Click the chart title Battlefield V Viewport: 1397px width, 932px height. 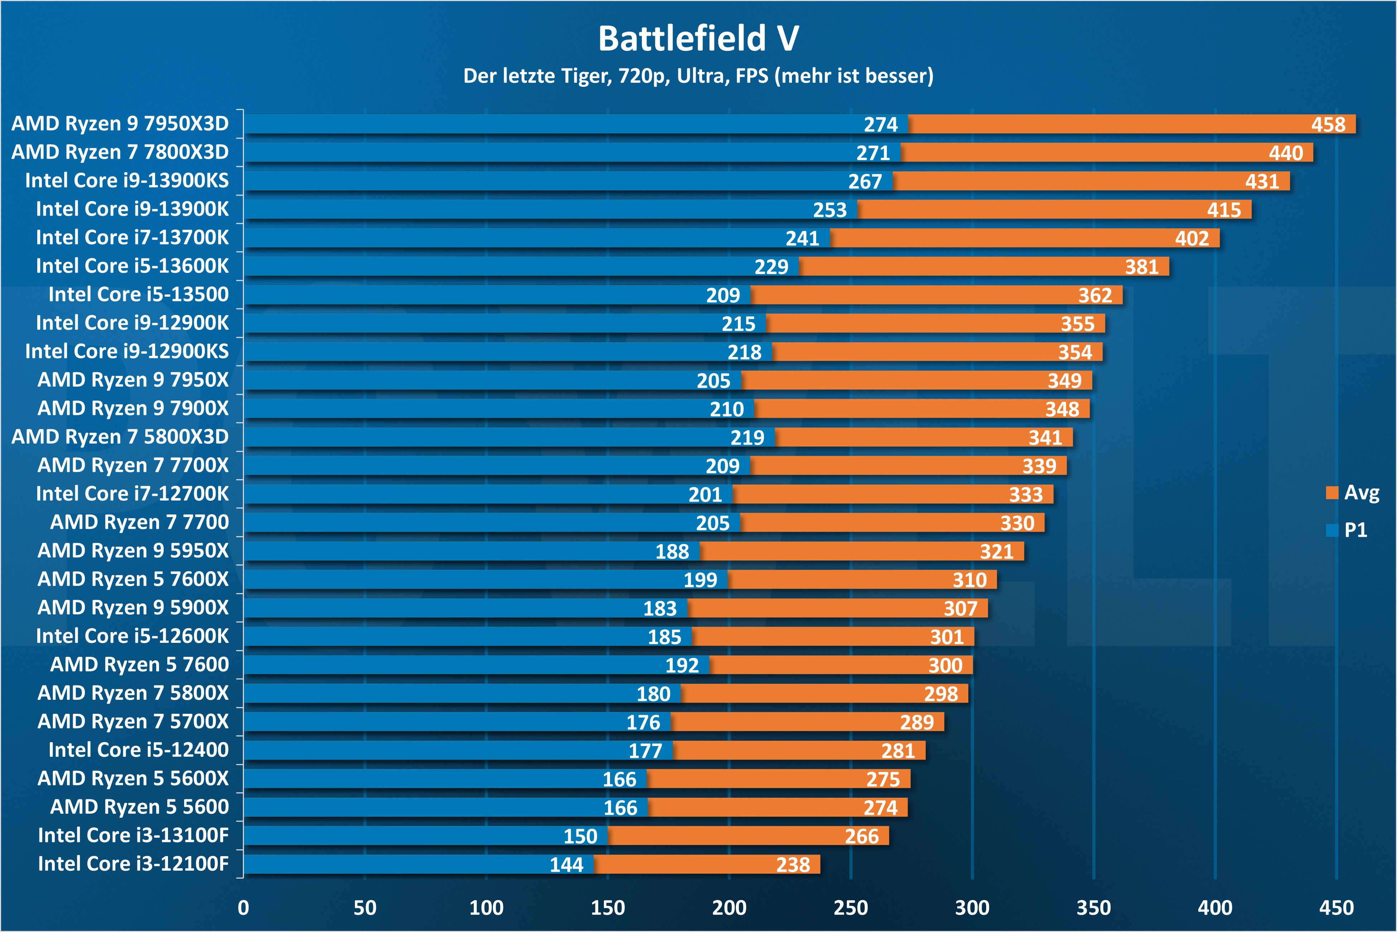(x=698, y=39)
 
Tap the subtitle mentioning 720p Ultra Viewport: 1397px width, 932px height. (x=698, y=76)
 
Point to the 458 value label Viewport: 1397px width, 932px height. (x=1328, y=125)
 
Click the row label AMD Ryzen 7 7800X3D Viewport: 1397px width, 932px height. (x=120, y=152)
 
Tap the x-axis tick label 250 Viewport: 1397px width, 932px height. (x=850, y=908)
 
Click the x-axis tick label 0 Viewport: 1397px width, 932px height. (x=243, y=908)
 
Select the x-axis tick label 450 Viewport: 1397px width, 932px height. (x=1336, y=908)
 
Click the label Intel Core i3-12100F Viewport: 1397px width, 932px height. (x=133, y=864)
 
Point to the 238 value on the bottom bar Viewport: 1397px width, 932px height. (x=793, y=865)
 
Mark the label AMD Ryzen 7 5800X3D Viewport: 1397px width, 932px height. (x=120, y=437)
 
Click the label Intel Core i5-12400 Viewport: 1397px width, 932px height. (x=139, y=750)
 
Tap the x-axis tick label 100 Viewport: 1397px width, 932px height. (x=486, y=908)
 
